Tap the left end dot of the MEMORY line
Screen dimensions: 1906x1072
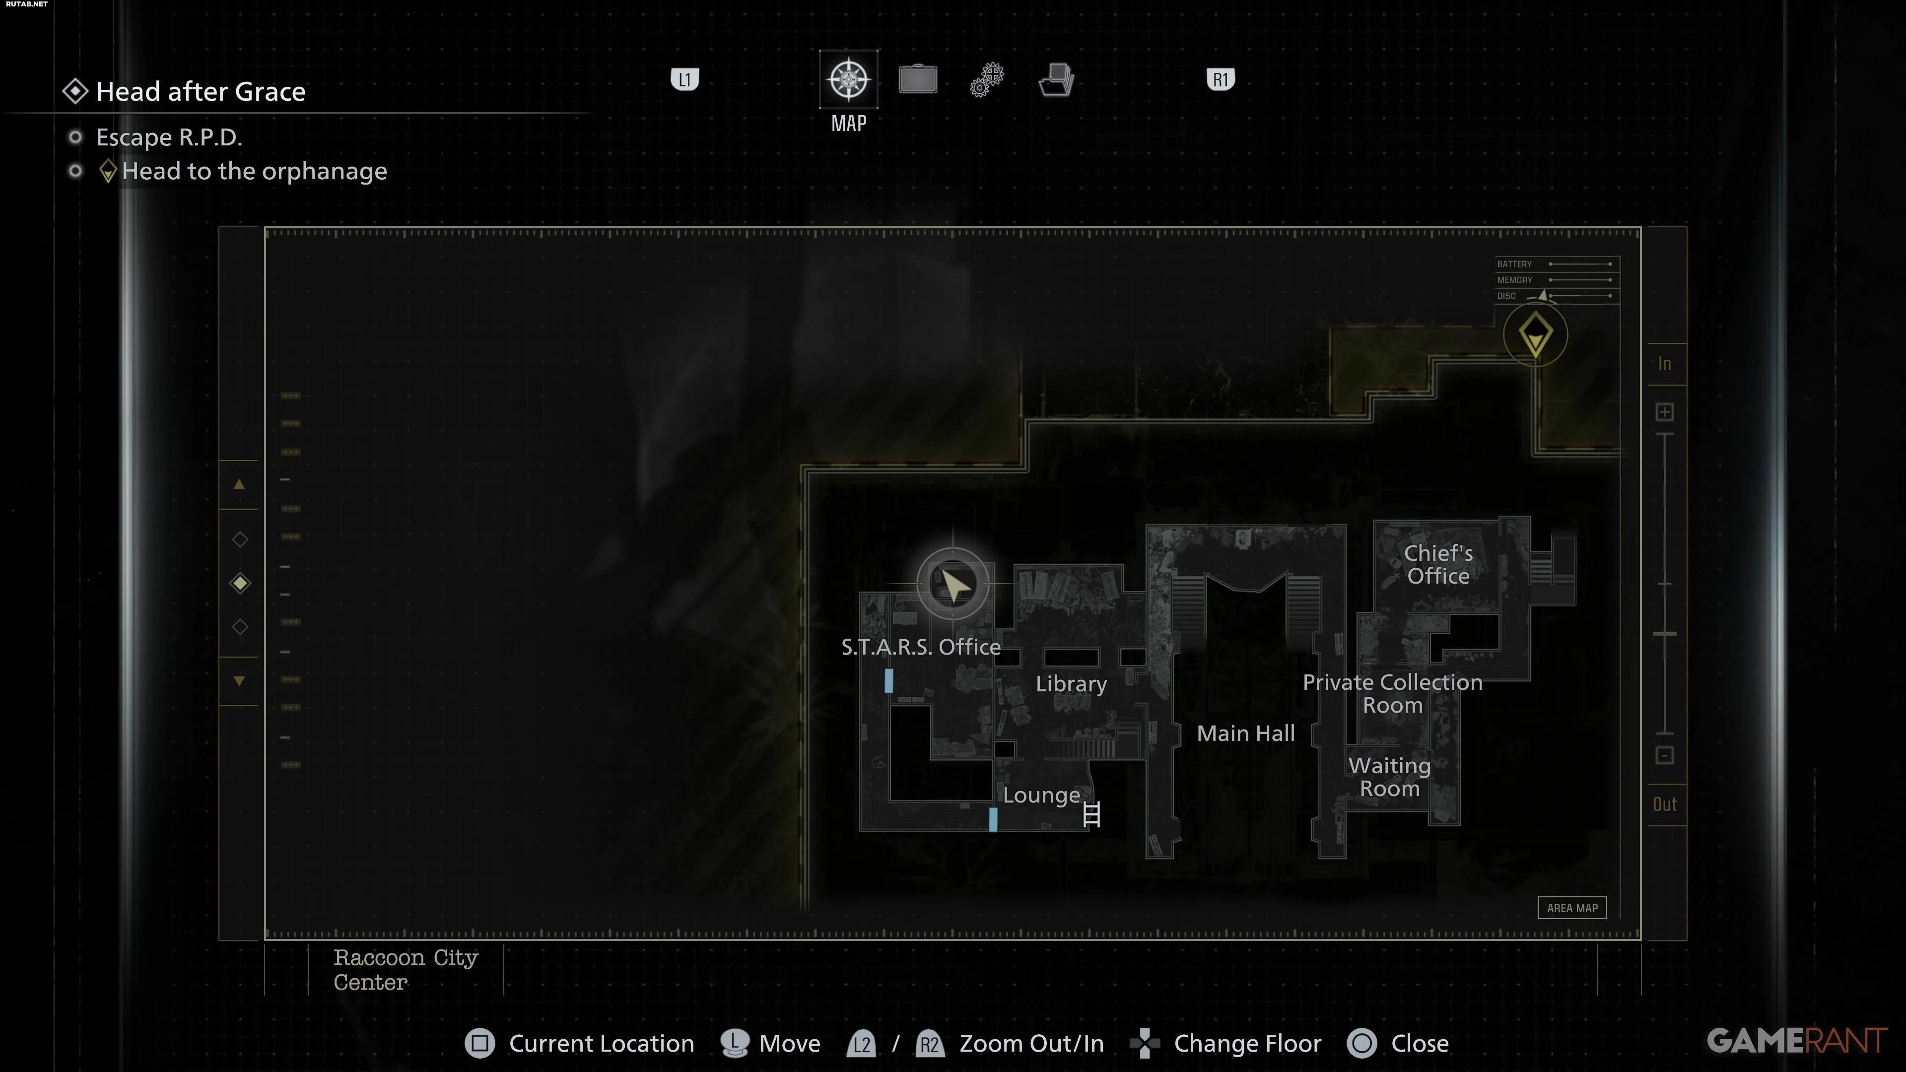[x=1551, y=279]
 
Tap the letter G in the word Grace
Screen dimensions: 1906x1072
[x=243, y=92]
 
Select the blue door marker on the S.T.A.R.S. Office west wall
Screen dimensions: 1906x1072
[x=888, y=680]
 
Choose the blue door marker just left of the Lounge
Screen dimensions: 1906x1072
[x=993, y=819]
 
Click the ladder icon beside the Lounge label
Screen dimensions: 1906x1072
[x=1091, y=814]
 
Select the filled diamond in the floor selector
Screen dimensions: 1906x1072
[x=240, y=583]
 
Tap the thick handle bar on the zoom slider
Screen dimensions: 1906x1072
[x=1665, y=634]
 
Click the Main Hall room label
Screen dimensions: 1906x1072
[x=1246, y=733]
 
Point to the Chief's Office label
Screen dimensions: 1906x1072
[x=1438, y=564]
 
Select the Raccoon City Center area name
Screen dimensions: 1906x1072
[x=406, y=969]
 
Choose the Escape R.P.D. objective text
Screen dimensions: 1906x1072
[x=169, y=137]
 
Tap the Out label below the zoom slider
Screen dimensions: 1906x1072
[x=1665, y=804]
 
